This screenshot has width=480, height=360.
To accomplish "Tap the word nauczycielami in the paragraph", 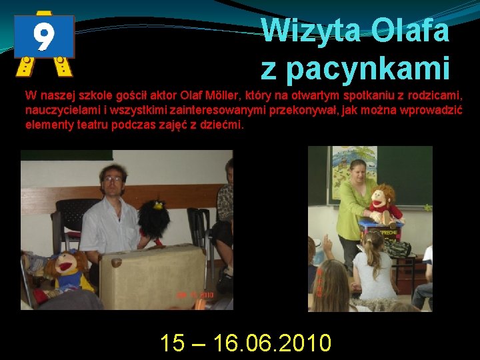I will click(58, 109).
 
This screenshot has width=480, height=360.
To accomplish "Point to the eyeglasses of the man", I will click(112, 179).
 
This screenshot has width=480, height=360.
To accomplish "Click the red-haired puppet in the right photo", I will click(383, 203).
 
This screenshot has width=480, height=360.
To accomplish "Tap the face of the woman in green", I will click(358, 169).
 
